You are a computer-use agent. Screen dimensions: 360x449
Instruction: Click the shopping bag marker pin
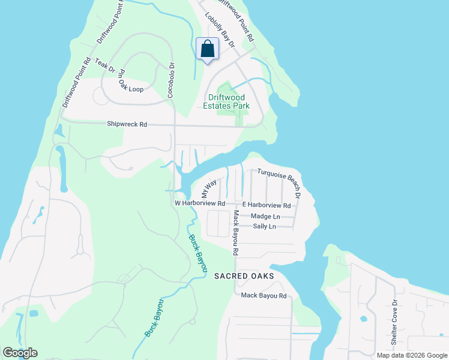click(207, 49)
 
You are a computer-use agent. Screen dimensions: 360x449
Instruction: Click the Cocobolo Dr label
click(170, 80)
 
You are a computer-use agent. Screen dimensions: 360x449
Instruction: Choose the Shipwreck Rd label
click(127, 124)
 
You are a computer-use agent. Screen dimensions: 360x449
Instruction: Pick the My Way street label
click(208, 189)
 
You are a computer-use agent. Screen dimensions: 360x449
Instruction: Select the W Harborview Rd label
click(199, 203)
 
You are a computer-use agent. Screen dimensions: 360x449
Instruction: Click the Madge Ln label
click(265, 216)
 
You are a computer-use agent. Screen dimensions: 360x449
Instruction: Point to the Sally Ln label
click(264, 226)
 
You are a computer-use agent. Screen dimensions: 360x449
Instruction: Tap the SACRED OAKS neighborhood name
click(244, 275)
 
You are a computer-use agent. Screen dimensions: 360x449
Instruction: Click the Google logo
click(20, 353)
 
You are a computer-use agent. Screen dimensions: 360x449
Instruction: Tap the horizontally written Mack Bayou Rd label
click(264, 295)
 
